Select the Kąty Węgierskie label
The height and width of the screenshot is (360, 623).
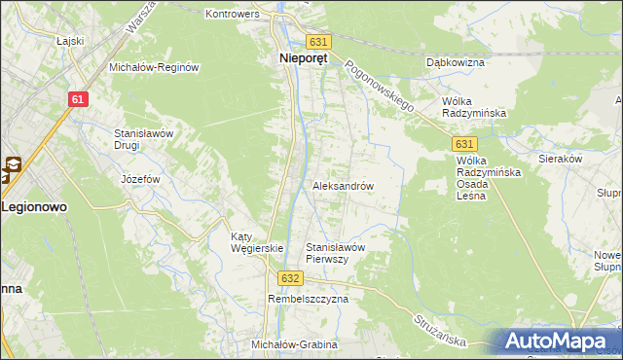(256, 242)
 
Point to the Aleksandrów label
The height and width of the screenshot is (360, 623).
(343, 186)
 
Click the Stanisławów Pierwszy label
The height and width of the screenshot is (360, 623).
(335, 253)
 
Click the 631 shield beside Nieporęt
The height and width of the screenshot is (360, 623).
(319, 42)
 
